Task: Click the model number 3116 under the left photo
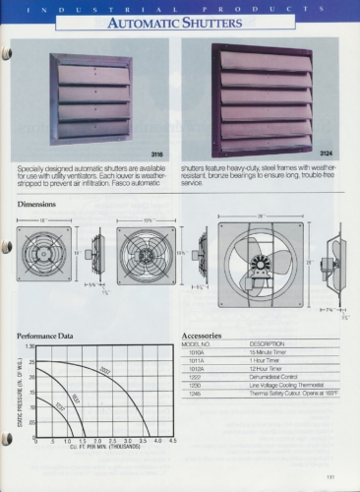click(155, 154)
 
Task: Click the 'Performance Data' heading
click(45, 336)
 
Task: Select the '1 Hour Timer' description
click(263, 360)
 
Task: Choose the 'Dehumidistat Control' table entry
click(274, 376)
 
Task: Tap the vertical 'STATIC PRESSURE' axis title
click(20, 394)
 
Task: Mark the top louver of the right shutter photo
click(267, 60)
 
